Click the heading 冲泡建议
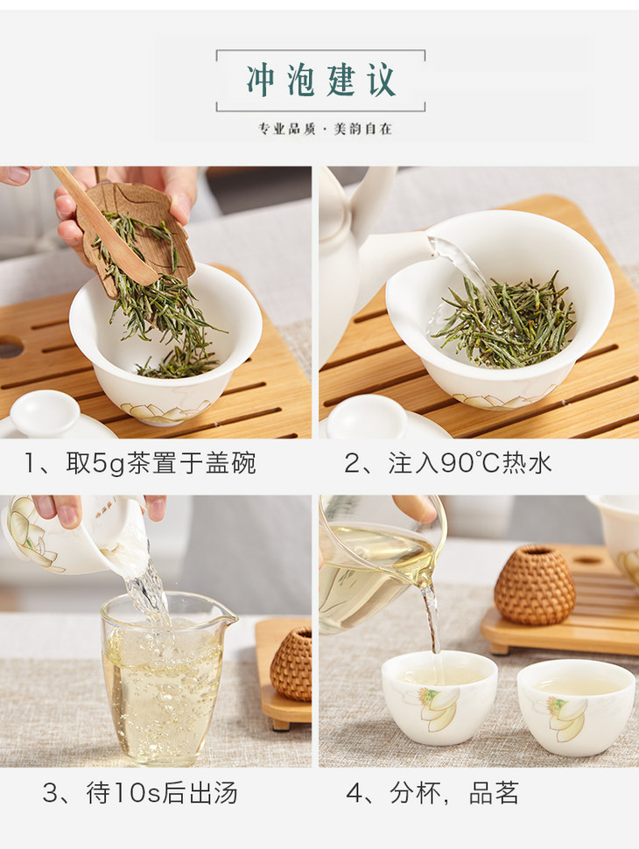point(321,81)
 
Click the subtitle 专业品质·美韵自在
point(325,129)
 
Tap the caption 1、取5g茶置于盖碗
point(140,464)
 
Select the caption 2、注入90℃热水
point(448,464)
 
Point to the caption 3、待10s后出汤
point(140,793)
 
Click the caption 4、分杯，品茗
point(432,793)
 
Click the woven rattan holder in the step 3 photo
point(291,664)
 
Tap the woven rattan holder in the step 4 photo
point(535,585)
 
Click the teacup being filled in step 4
point(439,698)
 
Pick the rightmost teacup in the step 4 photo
point(576,707)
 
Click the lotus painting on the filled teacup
point(439,708)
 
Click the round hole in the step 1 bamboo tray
point(10,347)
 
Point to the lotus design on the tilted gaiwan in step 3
point(33,536)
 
